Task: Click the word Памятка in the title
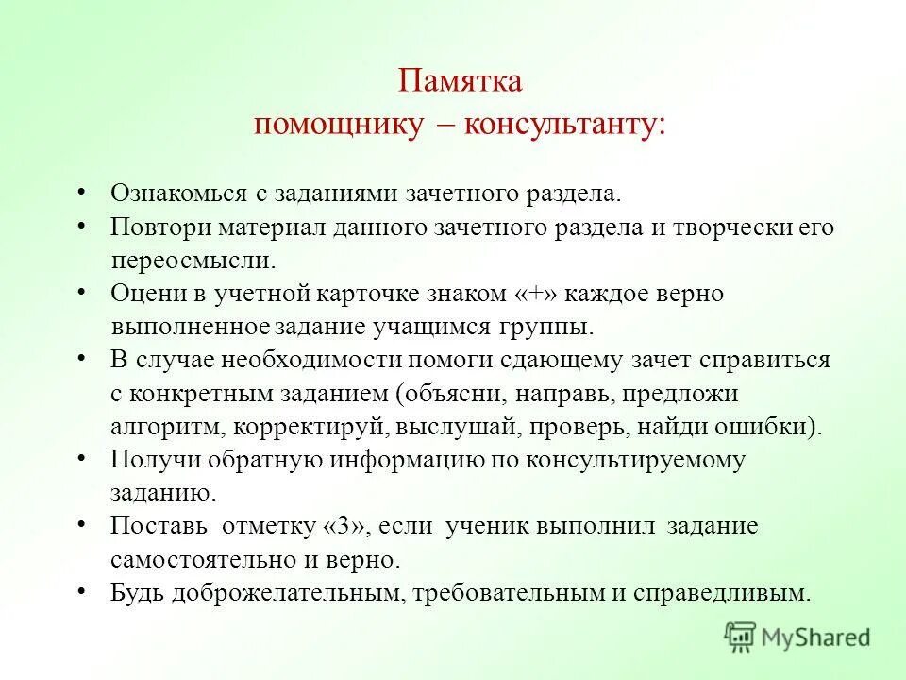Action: click(460, 80)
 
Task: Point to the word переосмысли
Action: click(193, 260)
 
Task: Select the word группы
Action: click(554, 327)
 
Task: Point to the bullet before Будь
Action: click(82, 591)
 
